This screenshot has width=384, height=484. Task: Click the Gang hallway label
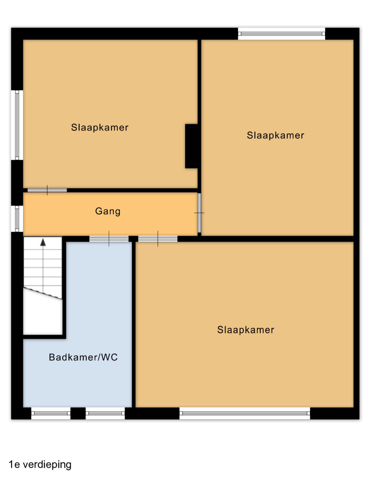[x=108, y=212]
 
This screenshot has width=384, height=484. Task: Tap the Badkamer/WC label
[x=83, y=357]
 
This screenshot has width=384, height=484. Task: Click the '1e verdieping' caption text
[x=40, y=465]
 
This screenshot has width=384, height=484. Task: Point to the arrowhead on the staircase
[x=43, y=242]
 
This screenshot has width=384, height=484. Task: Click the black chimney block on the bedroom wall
[x=192, y=146]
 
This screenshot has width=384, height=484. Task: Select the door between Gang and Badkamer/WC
[x=109, y=239]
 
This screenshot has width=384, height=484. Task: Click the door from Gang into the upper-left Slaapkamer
[x=47, y=190]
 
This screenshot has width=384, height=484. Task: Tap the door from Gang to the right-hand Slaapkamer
[x=199, y=213]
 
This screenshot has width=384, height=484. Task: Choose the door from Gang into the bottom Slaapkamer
[x=158, y=239]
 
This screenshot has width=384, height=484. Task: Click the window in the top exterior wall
[x=282, y=34]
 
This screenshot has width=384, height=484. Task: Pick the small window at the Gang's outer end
[x=17, y=219]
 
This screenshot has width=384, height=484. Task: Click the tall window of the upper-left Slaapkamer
[x=17, y=125]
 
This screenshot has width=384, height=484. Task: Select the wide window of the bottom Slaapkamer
[x=245, y=413]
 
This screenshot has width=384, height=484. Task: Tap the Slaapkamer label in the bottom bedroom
[x=246, y=330]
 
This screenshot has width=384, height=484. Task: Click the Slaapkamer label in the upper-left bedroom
[x=100, y=128]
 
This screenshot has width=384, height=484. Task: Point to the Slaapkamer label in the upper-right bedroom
[x=275, y=135]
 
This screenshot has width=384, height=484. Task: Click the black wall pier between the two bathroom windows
[x=78, y=413]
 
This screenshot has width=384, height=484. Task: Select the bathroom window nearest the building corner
[x=51, y=413]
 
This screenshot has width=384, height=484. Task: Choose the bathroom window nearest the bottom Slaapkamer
[x=105, y=413]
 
